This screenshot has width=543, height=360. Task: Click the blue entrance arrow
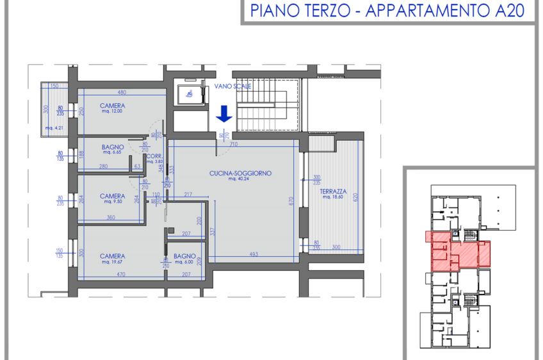[223, 114]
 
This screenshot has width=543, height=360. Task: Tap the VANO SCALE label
[238, 86]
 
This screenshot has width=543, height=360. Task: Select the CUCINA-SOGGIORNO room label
[241, 173]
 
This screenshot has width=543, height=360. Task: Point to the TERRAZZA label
[334, 192]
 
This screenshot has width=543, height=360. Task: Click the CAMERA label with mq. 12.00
[112, 106]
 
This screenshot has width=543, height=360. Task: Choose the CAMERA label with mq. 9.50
[112, 196]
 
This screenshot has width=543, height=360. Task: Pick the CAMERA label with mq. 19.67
[112, 256]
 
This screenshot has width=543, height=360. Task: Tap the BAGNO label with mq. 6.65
[113, 147]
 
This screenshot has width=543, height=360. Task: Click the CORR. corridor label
[154, 156]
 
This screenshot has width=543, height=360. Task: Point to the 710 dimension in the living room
[234, 145]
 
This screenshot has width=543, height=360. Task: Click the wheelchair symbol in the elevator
[190, 94]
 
